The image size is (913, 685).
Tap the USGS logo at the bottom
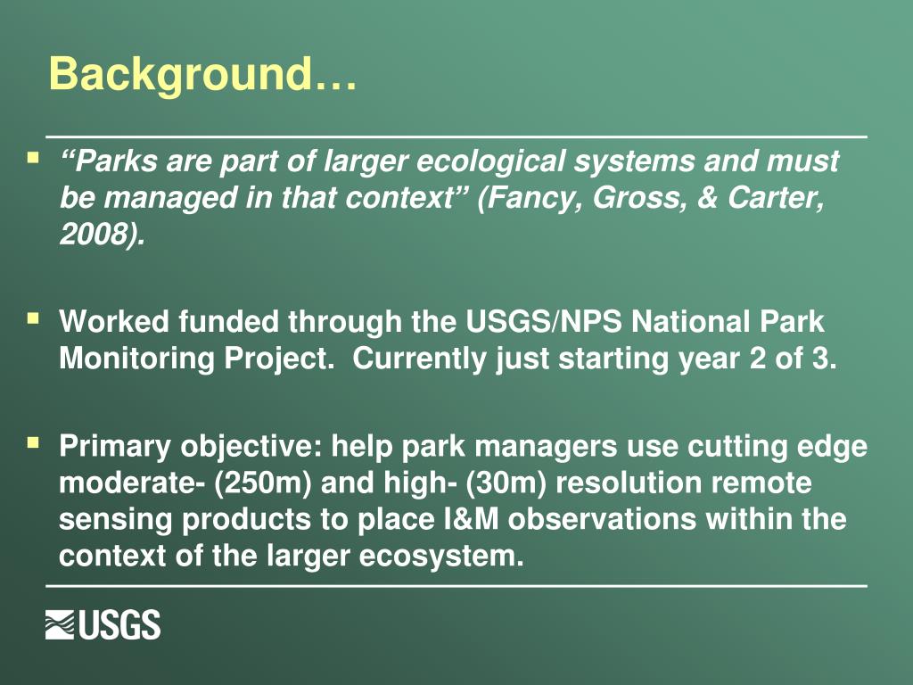[x=103, y=625]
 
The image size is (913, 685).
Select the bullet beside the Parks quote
[x=33, y=160]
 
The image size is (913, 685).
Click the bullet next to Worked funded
[x=33, y=318]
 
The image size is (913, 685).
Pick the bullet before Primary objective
[x=33, y=442]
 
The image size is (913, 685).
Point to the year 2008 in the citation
[x=97, y=235]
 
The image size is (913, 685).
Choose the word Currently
[x=420, y=358]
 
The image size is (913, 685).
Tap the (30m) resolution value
[x=506, y=483]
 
